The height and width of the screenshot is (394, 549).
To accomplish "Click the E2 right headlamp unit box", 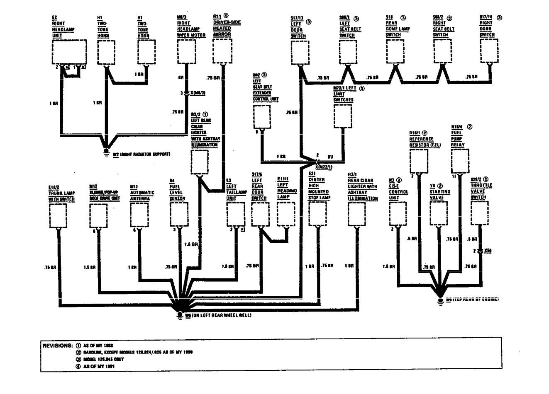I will click(69, 52).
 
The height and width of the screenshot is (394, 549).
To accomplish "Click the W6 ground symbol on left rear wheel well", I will click(180, 314).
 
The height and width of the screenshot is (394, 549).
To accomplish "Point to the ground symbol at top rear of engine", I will click(440, 299).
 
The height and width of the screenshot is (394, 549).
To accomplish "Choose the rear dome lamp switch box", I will click(395, 52).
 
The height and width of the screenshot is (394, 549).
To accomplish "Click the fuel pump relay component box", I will click(460, 161).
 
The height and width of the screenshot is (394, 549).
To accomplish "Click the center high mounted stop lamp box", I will click(317, 215).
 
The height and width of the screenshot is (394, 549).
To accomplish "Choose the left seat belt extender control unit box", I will click(261, 117).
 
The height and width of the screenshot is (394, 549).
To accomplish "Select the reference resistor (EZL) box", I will click(419, 161).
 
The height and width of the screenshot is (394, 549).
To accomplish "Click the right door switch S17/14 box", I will click(488, 52).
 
